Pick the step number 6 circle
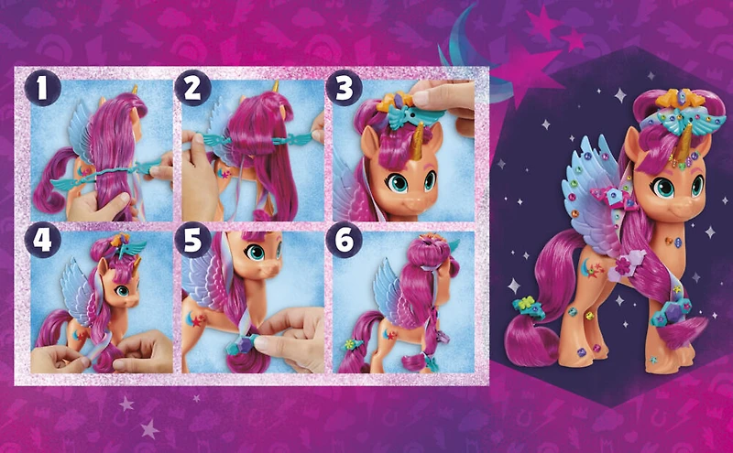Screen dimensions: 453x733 point(345,241)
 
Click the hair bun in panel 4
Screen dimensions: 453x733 point(102,246)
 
